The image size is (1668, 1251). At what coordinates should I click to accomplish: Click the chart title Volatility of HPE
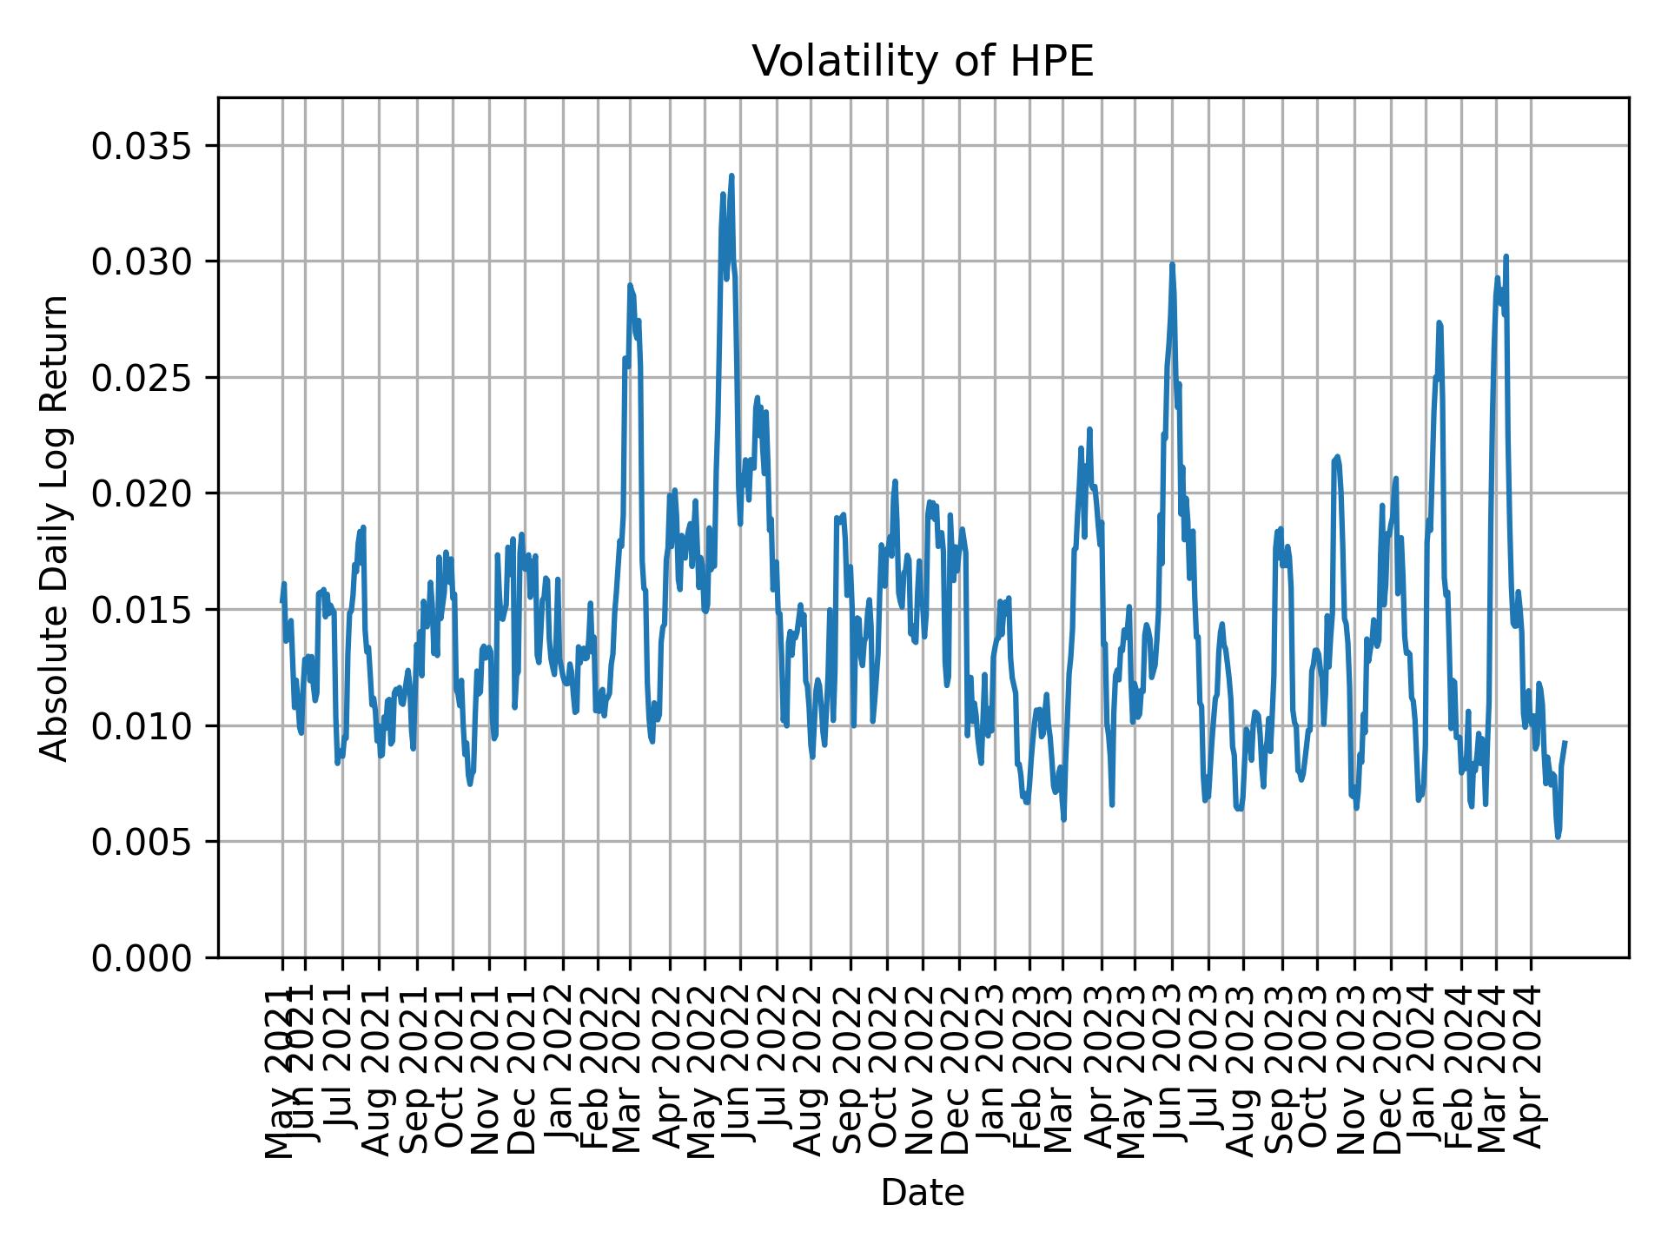(x=922, y=62)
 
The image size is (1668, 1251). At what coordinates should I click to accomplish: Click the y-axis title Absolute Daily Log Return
(x=56, y=527)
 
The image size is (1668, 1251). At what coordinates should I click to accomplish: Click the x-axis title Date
(x=922, y=1193)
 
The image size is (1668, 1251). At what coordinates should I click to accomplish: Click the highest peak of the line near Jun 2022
(x=731, y=175)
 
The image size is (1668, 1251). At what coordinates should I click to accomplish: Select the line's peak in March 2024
(x=1506, y=256)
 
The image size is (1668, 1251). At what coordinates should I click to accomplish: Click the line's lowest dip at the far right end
(x=1558, y=837)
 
